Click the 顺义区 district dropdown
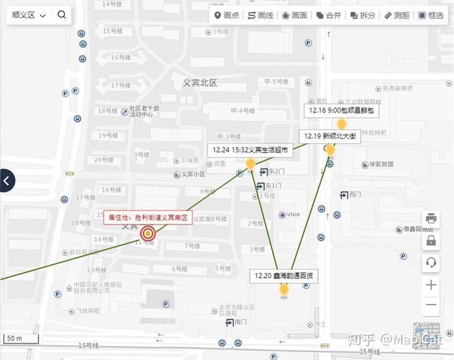coord(29,15)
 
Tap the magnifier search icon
coord(62,15)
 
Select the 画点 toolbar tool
coord(227,15)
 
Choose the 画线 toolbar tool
coord(260,15)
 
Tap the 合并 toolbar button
coord(329,15)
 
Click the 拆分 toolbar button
coord(363,15)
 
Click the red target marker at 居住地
coord(148,233)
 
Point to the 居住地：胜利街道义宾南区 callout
coord(148,217)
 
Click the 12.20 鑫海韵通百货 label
coord(283,275)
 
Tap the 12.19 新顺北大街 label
coord(330,136)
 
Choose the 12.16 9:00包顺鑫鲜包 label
coord(342,111)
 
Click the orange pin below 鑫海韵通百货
coord(283,290)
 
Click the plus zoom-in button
coord(431,285)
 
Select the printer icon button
coord(431,218)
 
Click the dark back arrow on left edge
coord(6,181)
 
